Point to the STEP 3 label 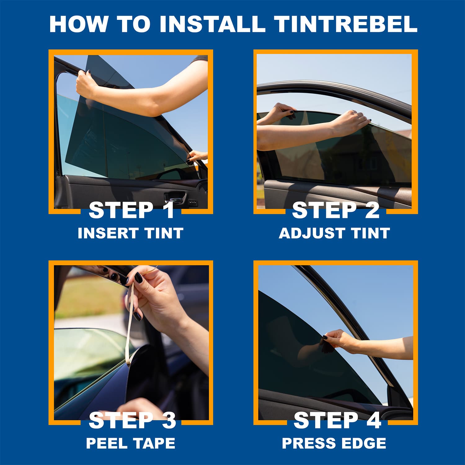132,420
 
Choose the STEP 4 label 337,420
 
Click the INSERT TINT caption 131,233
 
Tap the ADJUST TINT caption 334,233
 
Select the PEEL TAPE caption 131,443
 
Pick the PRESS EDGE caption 334,443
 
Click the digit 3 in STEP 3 169,420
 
